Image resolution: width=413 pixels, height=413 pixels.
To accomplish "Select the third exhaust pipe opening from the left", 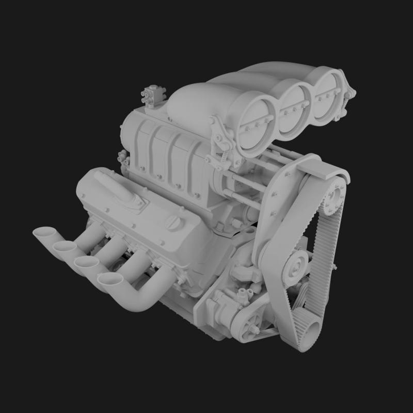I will pyautogui.click(x=86, y=262).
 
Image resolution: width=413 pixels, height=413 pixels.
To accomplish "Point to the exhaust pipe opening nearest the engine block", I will pyautogui.click(x=110, y=279).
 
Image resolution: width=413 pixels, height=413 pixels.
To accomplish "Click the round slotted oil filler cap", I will pyautogui.click(x=173, y=223).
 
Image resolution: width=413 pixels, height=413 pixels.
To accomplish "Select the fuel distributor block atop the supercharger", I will pyautogui.click(x=151, y=95).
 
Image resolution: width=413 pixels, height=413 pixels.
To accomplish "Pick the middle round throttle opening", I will pyautogui.click(x=295, y=108).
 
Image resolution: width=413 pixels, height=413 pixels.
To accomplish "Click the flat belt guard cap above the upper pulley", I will pyautogui.click(x=321, y=165).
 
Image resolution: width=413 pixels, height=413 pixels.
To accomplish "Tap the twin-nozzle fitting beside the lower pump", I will pyautogui.click(x=243, y=294).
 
